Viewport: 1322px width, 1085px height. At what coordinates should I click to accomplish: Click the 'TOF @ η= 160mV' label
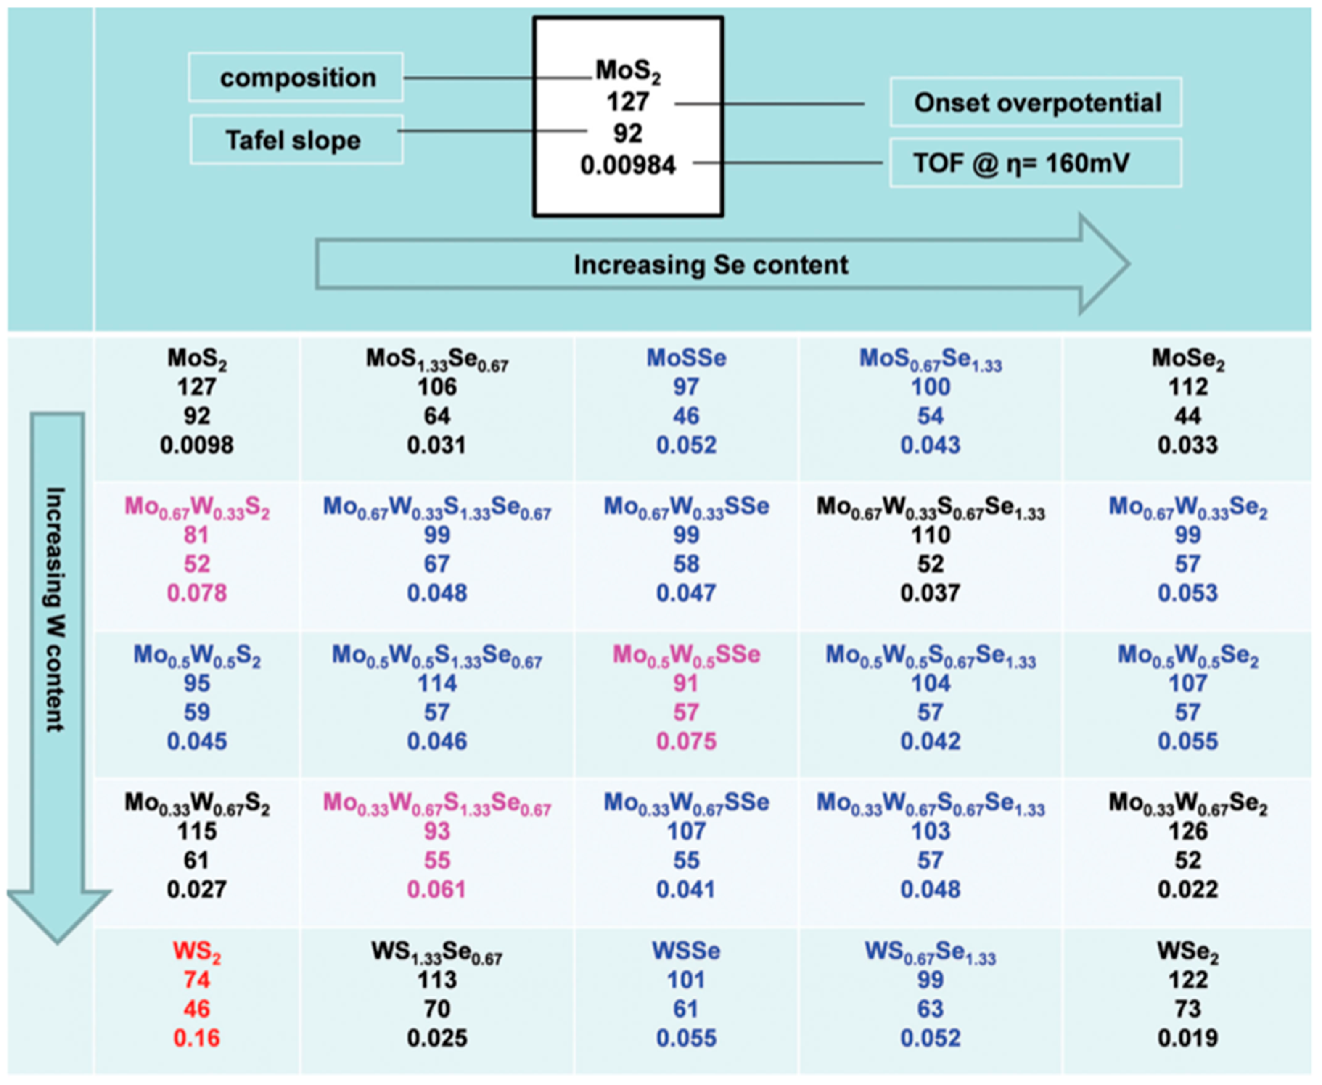(1022, 164)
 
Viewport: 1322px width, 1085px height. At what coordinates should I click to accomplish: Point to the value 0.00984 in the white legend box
(628, 165)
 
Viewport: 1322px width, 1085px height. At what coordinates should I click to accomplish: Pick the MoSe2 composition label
(1188, 359)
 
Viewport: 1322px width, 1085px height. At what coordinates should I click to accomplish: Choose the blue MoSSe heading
(686, 358)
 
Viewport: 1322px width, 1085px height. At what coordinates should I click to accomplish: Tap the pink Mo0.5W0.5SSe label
(686, 655)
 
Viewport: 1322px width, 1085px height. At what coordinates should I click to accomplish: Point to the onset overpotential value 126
(1188, 832)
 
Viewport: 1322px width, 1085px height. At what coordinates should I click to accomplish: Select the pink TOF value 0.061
(437, 889)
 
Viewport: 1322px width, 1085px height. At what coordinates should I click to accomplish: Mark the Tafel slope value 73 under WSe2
(1188, 1009)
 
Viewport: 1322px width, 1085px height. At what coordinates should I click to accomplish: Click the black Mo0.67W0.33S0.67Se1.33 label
(930, 508)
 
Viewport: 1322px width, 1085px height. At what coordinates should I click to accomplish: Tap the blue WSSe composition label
(686, 951)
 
